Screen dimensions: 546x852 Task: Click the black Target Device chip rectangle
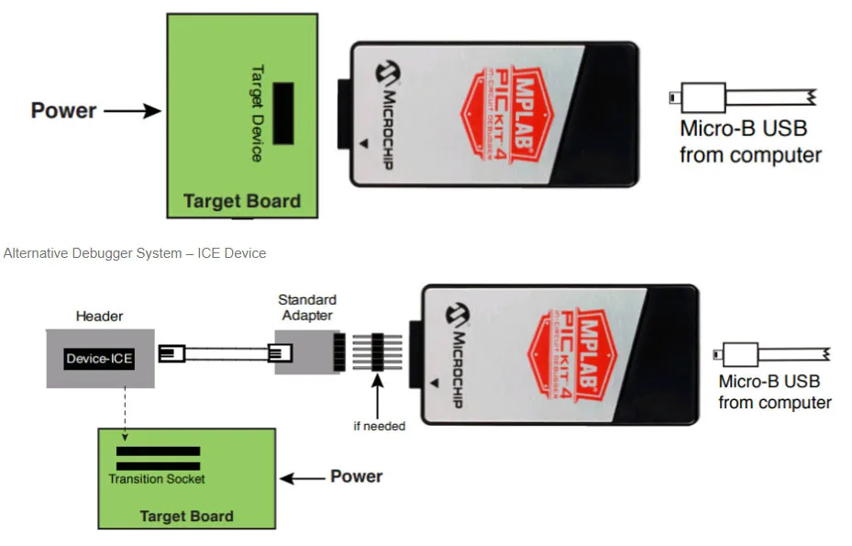(x=283, y=112)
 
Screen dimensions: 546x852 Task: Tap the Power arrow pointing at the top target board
(x=133, y=112)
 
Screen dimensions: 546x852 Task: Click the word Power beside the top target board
(x=63, y=111)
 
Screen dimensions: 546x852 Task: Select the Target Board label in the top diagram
(x=242, y=201)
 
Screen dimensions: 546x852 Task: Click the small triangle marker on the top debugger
(x=364, y=144)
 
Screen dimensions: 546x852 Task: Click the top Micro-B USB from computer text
(x=749, y=141)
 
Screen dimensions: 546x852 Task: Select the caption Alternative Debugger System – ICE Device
(x=135, y=252)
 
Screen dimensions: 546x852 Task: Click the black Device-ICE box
(x=99, y=359)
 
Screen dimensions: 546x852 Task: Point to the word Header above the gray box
(x=99, y=317)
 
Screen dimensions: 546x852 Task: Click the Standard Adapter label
(x=307, y=307)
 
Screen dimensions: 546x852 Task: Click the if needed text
(x=379, y=426)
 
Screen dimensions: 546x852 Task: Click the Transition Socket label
(x=157, y=478)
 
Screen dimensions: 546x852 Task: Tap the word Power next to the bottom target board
(x=356, y=477)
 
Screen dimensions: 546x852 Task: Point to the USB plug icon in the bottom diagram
(x=740, y=353)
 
